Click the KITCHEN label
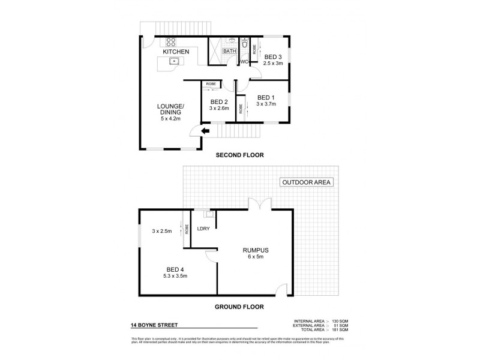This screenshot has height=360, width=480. [176, 52]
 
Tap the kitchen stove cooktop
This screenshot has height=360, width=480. [170, 42]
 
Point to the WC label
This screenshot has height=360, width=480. [244, 62]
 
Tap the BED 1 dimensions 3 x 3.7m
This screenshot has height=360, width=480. [266, 104]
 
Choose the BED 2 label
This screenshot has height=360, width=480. [218, 101]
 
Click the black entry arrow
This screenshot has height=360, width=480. [205, 132]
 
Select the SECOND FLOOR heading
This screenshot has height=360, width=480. [240, 155]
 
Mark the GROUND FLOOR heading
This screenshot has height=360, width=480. [240, 306]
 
